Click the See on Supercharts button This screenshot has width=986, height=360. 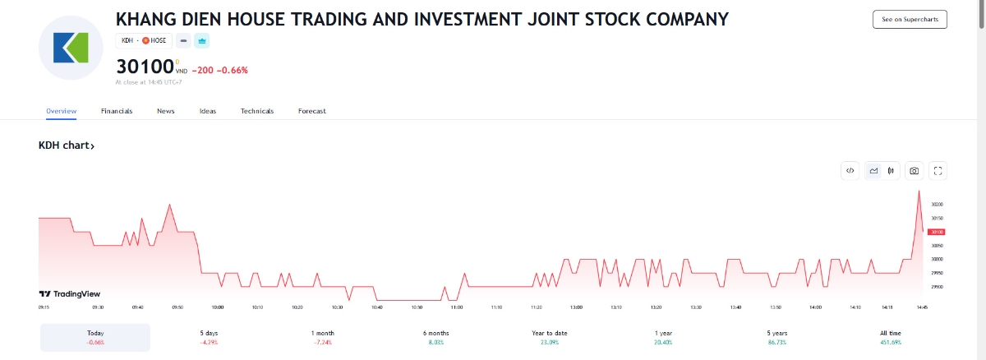click(x=910, y=20)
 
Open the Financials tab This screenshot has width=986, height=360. click(x=117, y=111)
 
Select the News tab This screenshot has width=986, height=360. click(x=166, y=111)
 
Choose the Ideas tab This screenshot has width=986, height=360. click(x=208, y=111)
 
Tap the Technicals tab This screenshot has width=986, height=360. click(x=257, y=111)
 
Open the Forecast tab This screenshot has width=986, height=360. click(x=312, y=111)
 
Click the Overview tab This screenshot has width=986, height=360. click(x=62, y=111)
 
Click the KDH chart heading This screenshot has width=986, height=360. click(x=67, y=145)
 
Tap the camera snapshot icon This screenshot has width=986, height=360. click(x=914, y=171)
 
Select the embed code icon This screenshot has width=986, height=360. click(x=850, y=171)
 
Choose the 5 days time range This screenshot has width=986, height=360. click(x=209, y=337)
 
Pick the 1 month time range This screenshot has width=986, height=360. click(x=323, y=337)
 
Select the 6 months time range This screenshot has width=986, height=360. click(x=436, y=337)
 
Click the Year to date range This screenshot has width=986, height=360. click(x=550, y=337)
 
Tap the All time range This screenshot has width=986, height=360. click(x=891, y=337)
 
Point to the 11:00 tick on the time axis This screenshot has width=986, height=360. click(x=457, y=307)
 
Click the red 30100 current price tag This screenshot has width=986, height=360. click(x=938, y=232)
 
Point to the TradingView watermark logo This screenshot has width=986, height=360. click(x=70, y=293)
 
